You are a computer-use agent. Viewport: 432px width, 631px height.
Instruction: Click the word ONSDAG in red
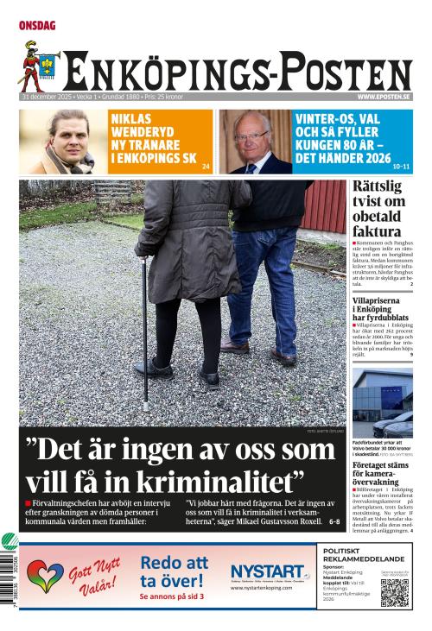click(37, 26)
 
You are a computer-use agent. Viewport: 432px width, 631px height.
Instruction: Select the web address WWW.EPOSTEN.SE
click(384, 98)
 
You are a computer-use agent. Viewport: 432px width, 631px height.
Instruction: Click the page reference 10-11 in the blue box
click(400, 166)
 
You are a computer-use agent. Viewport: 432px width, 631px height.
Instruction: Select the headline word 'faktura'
click(376, 231)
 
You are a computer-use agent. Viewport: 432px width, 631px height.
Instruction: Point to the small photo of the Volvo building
click(382, 402)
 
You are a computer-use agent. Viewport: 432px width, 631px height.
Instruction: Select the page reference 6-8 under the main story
click(334, 521)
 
